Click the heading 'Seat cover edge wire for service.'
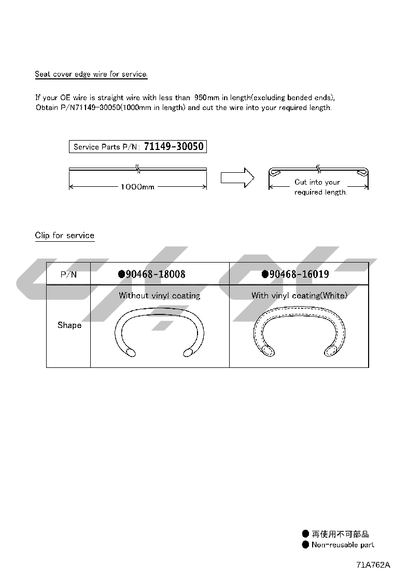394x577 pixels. (91, 74)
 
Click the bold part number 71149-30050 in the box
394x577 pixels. (174, 147)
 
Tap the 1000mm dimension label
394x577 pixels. (137, 187)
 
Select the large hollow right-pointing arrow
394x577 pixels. (237, 177)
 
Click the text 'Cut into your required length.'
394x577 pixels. (320, 187)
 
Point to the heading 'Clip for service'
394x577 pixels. (65, 236)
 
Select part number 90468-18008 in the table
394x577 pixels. (155, 274)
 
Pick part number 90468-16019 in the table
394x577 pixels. (299, 274)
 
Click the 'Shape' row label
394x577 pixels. (69, 325)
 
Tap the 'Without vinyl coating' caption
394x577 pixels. (160, 296)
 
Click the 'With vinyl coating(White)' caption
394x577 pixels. (299, 296)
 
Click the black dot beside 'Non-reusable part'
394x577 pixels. (305, 545)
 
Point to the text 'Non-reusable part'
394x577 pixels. (343, 545)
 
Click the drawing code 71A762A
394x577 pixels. (373, 566)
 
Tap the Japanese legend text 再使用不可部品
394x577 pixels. (340, 534)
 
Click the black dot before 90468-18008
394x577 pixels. (121, 274)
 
